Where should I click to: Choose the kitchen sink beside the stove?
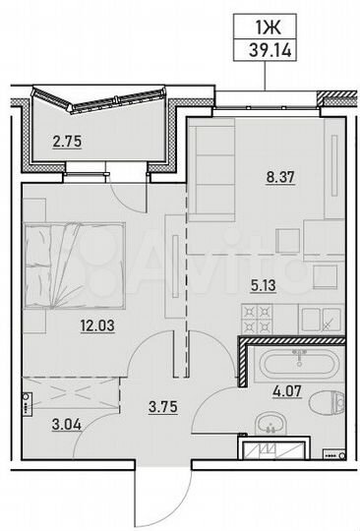pyautogui.click(x=323, y=318)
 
